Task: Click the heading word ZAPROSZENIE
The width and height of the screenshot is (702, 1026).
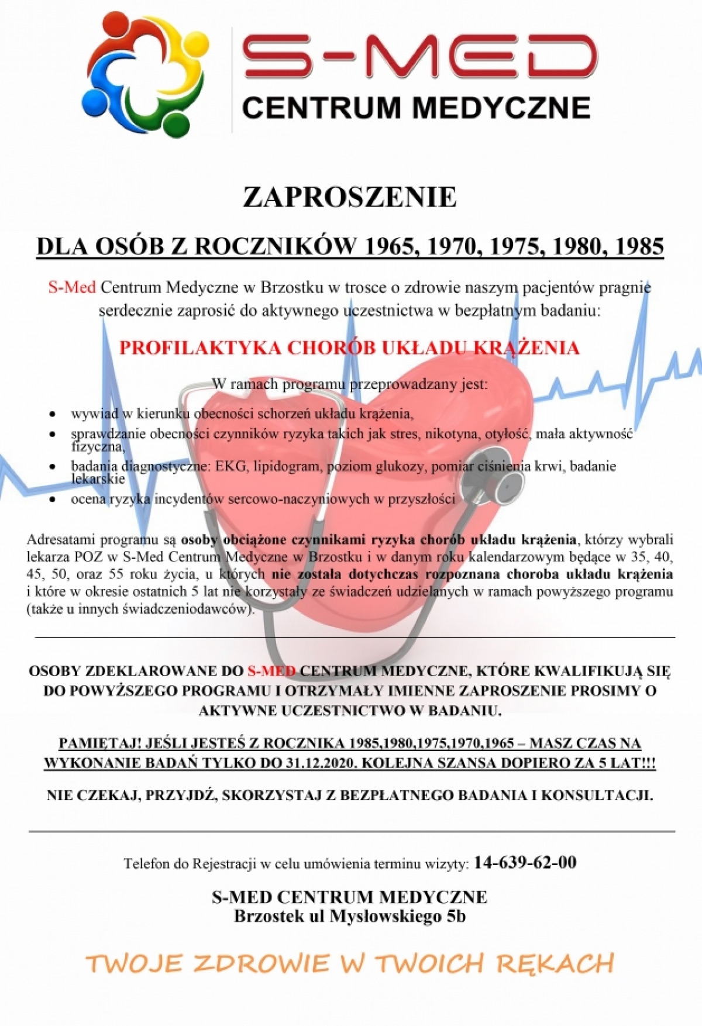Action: point(350,197)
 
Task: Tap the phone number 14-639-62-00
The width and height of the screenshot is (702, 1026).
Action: point(525,862)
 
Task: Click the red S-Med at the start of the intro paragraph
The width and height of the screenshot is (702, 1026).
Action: point(71,288)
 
